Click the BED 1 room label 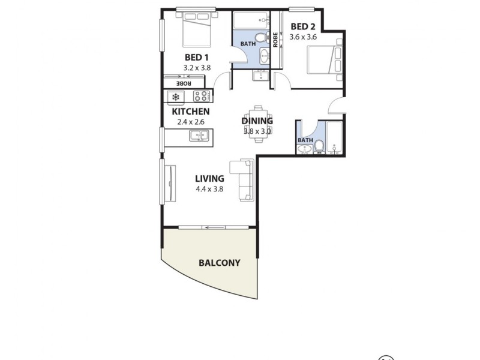tap(197, 58)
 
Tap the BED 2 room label tap(303, 26)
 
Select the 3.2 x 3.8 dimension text tap(197, 68)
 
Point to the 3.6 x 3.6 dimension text tap(303, 37)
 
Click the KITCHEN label tap(191, 112)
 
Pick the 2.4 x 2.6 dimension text tap(191, 122)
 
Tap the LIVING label tap(209, 178)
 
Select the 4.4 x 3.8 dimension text tap(209, 188)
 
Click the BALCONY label tap(219, 263)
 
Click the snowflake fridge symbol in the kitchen tap(176, 97)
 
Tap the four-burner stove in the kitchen tap(202, 96)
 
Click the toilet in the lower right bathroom tap(320, 146)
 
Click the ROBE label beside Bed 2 tap(275, 40)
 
